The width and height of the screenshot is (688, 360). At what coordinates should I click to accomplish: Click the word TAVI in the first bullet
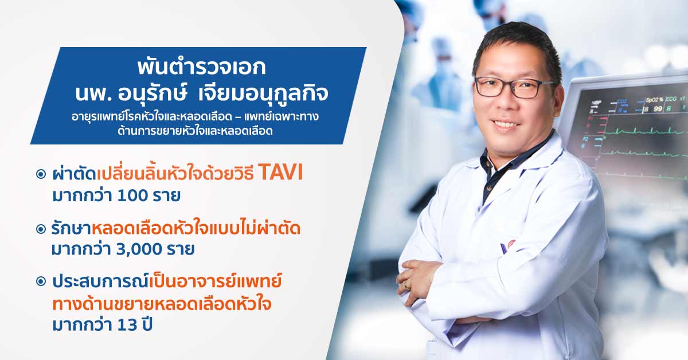coord(281,173)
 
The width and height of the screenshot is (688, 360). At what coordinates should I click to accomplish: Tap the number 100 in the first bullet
coord(132,195)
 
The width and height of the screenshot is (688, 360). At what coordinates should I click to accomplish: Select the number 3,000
coord(139,249)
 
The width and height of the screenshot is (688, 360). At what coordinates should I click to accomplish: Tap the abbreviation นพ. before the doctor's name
coord(93,93)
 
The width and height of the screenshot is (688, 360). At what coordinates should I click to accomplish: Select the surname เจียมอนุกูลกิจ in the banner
coord(263,93)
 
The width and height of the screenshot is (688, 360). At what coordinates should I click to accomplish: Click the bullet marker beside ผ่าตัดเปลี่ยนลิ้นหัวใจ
coord(41,174)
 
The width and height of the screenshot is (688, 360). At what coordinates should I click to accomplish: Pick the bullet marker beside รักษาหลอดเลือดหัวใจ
coord(41,229)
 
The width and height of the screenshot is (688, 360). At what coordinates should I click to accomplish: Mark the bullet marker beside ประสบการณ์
coord(41,281)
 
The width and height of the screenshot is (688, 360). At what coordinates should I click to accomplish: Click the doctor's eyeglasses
coord(515,87)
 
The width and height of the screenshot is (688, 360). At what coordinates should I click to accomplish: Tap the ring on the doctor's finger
coord(407,285)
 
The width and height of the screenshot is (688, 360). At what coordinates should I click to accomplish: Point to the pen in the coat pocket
coord(505,248)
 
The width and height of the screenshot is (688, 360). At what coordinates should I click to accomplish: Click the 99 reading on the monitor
coord(658,109)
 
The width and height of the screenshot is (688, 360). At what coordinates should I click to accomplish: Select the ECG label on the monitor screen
coord(671,99)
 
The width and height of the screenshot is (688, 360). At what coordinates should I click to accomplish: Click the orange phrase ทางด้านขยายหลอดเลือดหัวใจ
coord(162,304)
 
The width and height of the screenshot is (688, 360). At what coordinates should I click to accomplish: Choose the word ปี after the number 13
coord(147,324)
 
